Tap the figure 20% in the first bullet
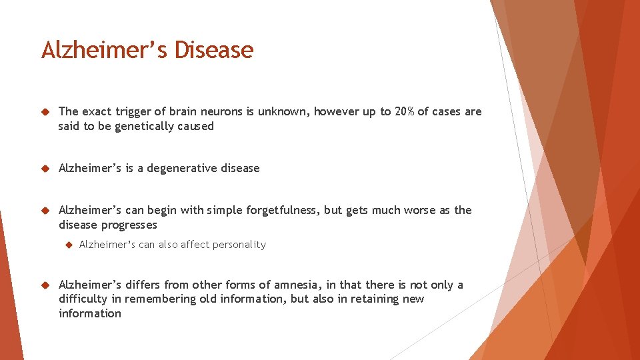[x=404, y=111]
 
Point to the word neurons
[x=221, y=111]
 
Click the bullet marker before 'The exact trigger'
[x=45, y=112]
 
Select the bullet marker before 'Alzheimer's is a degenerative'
[x=45, y=169]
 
